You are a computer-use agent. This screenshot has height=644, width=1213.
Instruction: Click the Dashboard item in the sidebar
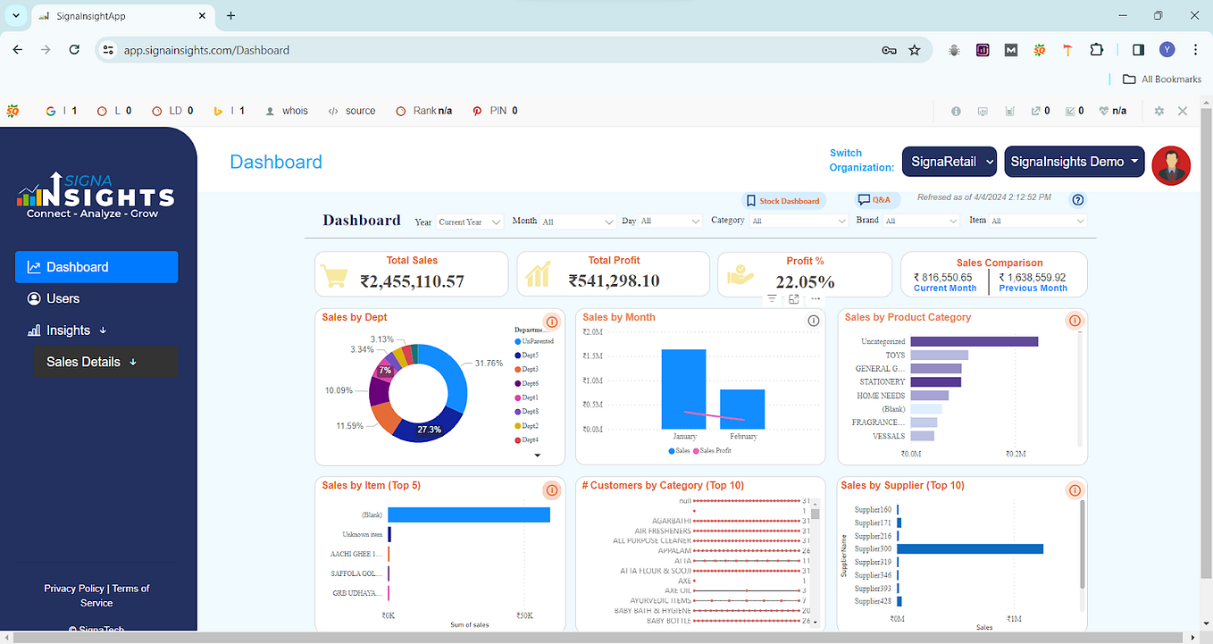click(x=96, y=267)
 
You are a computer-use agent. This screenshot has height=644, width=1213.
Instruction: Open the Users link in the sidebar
click(x=63, y=298)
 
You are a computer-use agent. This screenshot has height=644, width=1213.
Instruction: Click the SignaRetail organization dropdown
click(x=949, y=162)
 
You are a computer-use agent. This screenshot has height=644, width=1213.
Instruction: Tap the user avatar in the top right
click(x=1171, y=165)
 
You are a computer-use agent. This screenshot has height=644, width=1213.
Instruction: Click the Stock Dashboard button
click(x=783, y=201)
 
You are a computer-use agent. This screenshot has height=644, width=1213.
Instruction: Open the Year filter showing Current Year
click(x=470, y=222)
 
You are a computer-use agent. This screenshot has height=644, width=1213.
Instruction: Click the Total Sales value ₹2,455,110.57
click(x=412, y=281)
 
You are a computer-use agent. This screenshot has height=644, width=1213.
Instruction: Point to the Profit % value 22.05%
click(x=805, y=282)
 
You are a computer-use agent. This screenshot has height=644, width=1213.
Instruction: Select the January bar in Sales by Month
click(x=683, y=389)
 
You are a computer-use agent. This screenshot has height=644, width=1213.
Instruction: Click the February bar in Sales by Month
click(x=742, y=408)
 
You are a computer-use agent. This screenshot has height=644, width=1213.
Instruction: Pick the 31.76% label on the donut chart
click(x=489, y=364)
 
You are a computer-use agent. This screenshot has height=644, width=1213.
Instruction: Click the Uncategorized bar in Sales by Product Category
click(x=974, y=341)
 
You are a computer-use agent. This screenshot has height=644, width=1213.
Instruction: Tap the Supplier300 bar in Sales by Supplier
click(x=970, y=548)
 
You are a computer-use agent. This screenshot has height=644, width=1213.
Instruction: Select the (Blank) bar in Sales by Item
click(x=468, y=514)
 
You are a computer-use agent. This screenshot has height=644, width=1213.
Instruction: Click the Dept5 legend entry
click(x=530, y=355)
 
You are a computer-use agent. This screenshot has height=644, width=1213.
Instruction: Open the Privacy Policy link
click(x=74, y=589)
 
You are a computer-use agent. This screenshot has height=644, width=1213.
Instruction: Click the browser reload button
click(x=74, y=50)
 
